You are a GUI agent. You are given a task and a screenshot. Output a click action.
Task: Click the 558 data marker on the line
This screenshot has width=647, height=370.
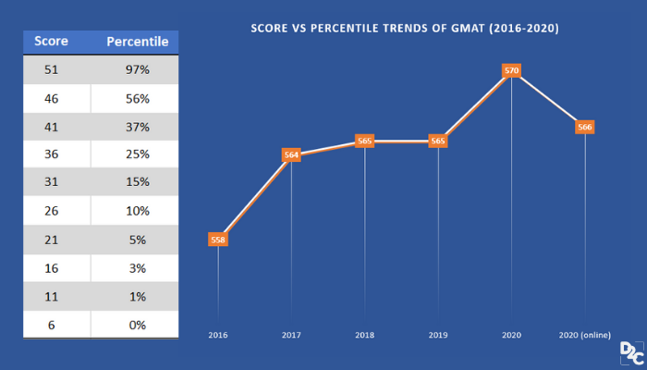click(218, 240)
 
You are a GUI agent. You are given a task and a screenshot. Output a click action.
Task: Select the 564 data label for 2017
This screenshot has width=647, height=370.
click(291, 155)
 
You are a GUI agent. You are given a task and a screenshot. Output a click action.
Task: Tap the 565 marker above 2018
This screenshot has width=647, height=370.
click(364, 142)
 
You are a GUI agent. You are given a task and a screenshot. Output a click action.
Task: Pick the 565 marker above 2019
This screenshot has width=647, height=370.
click(438, 142)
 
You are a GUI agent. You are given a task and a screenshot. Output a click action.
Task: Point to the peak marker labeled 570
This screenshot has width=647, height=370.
click(511, 70)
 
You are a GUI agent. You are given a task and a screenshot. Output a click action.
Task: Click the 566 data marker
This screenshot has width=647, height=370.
click(584, 128)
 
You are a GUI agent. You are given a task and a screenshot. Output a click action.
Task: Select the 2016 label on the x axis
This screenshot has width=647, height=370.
click(218, 335)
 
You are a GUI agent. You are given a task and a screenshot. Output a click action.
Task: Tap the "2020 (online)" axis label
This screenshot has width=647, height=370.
click(584, 335)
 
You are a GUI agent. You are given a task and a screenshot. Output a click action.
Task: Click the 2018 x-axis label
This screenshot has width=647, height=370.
click(364, 335)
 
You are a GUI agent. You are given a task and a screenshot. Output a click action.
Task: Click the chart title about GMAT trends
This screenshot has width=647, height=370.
click(405, 29)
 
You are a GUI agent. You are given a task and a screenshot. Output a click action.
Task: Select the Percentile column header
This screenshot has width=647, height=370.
click(137, 42)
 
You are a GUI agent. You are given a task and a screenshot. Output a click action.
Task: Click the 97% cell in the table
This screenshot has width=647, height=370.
click(137, 70)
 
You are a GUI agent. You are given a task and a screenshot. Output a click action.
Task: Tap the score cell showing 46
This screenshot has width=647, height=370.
click(54, 99)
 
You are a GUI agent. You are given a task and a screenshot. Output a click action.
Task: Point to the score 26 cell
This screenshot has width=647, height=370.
click(54, 212)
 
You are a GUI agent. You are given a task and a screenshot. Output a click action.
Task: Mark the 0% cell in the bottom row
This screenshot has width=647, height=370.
click(137, 325)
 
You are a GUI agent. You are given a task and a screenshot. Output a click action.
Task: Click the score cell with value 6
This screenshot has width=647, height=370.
click(54, 325)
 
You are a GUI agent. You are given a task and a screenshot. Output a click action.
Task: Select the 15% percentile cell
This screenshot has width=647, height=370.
click(137, 183)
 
